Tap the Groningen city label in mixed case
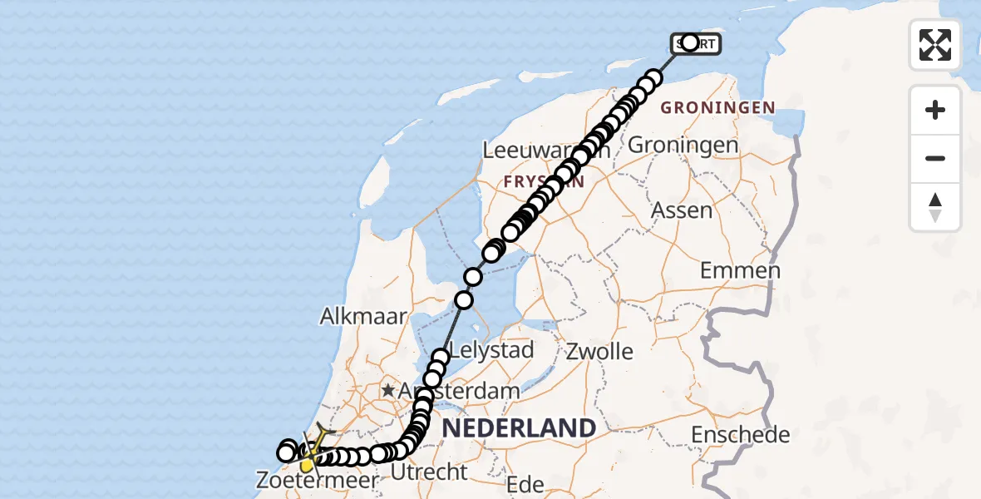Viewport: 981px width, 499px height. pyautogui.click(x=683, y=145)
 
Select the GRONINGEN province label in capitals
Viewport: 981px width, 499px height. pyautogui.click(x=717, y=108)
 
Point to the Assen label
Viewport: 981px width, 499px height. pyautogui.click(x=682, y=210)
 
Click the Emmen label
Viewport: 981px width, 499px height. pyautogui.click(x=740, y=270)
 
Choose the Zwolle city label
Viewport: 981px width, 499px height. pyautogui.click(x=599, y=351)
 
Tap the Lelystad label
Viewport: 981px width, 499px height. pyautogui.click(x=492, y=349)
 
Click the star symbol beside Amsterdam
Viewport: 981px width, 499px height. pyautogui.click(x=388, y=389)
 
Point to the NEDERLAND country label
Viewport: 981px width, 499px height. pyautogui.click(x=520, y=428)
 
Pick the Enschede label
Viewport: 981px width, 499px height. pyautogui.click(x=740, y=434)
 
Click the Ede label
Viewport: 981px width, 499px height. pyautogui.click(x=525, y=484)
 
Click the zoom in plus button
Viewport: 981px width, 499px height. pyautogui.click(x=935, y=110)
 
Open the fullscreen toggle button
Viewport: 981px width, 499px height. pyautogui.click(x=935, y=45)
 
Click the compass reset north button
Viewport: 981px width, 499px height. pyautogui.click(x=935, y=207)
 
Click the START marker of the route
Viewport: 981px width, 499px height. pyautogui.click(x=695, y=43)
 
